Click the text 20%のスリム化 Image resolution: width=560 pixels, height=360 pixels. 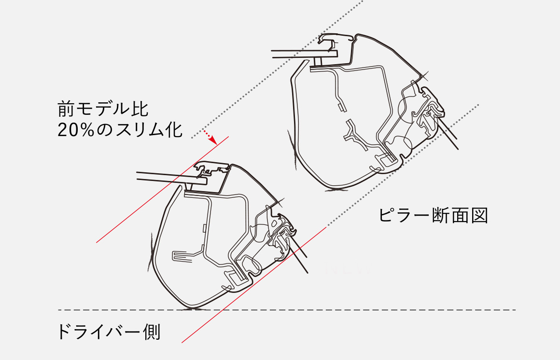point(120,130)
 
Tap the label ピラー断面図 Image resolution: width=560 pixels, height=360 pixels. point(434,215)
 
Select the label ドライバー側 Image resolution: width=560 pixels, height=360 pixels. point(109,332)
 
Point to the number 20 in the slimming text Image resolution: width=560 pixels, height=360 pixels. point(66,130)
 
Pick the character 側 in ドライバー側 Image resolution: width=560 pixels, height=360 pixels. point(152,332)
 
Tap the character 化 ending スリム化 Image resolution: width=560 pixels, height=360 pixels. point(174,130)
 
